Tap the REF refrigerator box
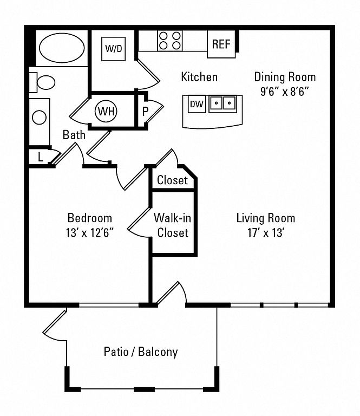click(221, 44)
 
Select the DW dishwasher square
click(197, 103)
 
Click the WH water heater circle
click(106, 112)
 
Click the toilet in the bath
click(44, 82)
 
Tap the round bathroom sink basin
click(39, 117)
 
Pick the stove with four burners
click(170, 41)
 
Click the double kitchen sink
click(222, 102)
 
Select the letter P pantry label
click(145, 112)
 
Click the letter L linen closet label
click(40, 157)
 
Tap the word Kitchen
click(199, 77)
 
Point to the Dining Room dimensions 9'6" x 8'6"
click(285, 91)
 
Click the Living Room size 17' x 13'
click(266, 233)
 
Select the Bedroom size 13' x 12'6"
click(90, 233)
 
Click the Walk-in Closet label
click(172, 225)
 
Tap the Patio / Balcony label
click(141, 352)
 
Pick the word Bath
click(74, 135)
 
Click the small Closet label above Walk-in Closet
click(172, 180)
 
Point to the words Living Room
click(266, 218)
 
